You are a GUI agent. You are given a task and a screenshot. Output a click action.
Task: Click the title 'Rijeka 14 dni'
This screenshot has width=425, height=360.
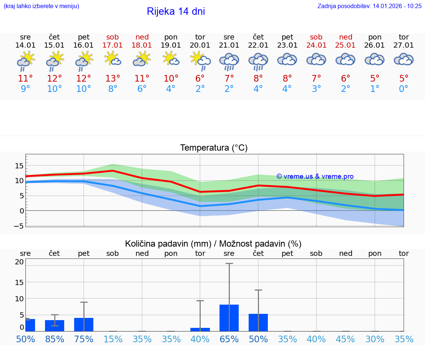point(176,11)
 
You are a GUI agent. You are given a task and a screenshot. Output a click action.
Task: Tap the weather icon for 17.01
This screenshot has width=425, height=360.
point(113,59)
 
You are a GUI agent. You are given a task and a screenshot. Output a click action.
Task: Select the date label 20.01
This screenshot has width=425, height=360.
point(200,45)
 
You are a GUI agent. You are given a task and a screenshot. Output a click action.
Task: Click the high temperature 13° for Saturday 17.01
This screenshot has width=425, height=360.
point(113,78)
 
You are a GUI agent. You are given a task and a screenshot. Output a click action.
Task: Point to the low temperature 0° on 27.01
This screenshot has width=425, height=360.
point(404,89)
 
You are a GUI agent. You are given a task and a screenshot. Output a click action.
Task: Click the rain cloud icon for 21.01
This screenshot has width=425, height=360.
point(229,61)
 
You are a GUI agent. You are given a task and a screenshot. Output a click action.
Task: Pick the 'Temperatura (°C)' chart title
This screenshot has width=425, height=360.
point(214,148)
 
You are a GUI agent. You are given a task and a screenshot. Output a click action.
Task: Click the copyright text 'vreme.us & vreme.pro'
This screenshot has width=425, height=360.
point(315,176)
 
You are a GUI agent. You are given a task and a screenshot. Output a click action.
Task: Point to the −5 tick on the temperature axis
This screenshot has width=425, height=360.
point(19,226)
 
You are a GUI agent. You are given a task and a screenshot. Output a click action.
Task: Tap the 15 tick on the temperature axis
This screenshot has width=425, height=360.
point(19,166)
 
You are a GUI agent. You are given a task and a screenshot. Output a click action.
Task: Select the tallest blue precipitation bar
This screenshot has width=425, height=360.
point(229,318)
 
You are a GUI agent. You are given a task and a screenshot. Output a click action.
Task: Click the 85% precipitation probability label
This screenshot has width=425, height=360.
point(55,339)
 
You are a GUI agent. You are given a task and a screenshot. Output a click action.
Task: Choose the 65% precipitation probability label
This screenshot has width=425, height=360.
point(229,339)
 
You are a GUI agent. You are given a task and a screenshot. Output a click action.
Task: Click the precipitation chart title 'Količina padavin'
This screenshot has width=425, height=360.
point(213,244)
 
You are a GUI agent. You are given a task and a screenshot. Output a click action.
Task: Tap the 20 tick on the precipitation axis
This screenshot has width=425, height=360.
point(19,262)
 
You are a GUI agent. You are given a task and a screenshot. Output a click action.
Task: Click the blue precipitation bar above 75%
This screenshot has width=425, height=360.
point(84,324)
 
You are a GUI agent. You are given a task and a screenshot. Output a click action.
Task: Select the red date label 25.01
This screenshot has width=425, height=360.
point(345,45)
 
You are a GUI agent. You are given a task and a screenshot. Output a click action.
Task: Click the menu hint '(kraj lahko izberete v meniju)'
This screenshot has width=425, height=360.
point(41,6)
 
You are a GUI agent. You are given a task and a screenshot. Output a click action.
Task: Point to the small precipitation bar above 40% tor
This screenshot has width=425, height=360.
point(200,329)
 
